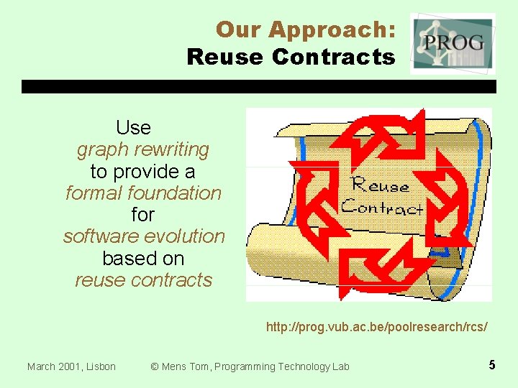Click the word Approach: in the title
pyautogui.click(x=332, y=30)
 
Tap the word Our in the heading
pyautogui.click(x=240, y=30)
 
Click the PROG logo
pyautogui.click(x=453, y=43)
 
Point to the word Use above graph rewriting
pyautogui.click(x=133, y=128)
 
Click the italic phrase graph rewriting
pyautogui.click(x=142, y=149)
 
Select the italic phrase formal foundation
pyautogui.click(x=143, y=193)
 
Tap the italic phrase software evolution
pyautogui.click(x=144, y=236)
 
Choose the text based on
pyautogui.click(x=143, y=258)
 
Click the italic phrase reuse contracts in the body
pyautogui.click(x=144, y=280)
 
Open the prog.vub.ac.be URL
pyautogui.click(x=376, y=327)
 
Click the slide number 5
pyautogui.click(x=492, y=365)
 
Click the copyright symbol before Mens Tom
pyautogui.click(x=154, y=366)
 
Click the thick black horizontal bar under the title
pyautogui.click(x=259, y=86)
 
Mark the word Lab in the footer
pyautogui.click(x=340, y=366)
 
